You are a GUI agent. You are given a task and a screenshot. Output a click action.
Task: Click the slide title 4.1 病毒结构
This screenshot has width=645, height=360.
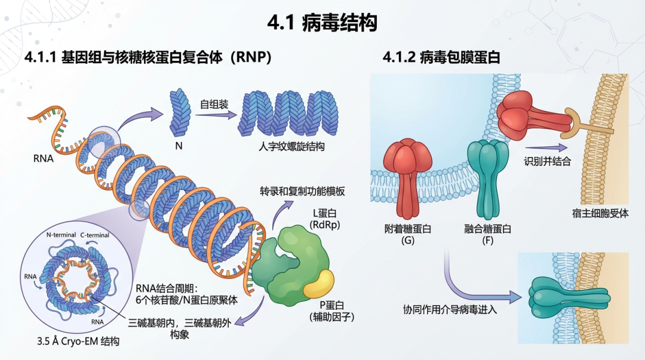point(322,23)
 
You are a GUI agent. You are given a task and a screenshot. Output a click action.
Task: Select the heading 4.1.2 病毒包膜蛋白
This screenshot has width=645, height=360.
point(441,57)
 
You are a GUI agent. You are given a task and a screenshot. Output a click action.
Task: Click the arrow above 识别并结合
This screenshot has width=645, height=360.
point(545,147)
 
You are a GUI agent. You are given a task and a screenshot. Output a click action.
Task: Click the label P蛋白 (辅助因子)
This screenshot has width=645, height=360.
point(331,311)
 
